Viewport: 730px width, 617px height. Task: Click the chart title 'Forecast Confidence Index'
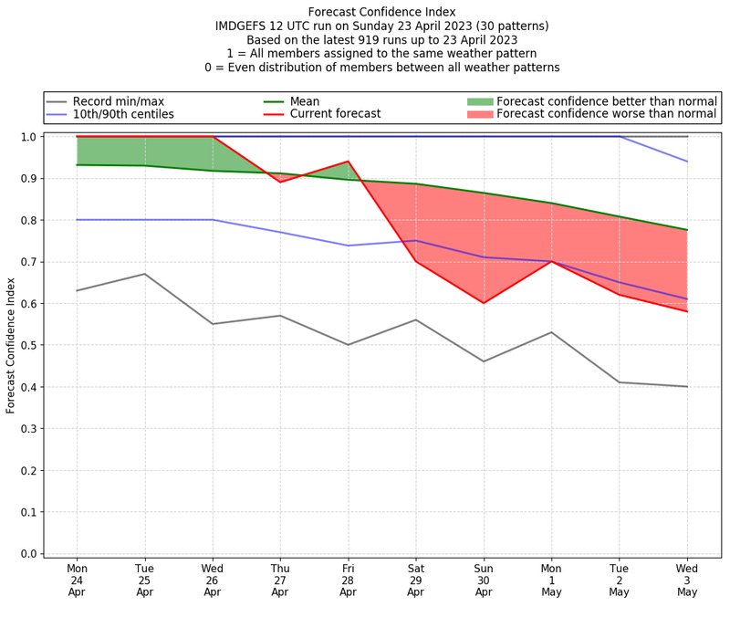click(x=382, y=12)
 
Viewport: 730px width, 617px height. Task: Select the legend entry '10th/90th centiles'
click(x=123, y=114)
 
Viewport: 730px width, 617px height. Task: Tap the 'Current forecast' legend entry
click(x=335, y=114)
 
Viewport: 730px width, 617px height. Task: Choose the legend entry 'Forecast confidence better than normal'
click(x=606, y=100)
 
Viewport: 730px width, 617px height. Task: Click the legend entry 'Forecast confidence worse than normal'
click(x=607, y=114)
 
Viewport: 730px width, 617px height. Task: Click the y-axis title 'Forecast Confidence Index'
click(x=12, y=344)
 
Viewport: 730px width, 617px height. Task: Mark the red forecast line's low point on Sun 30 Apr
click(x=484, y=303)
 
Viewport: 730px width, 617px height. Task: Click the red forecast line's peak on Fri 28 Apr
click(x=348, y=162)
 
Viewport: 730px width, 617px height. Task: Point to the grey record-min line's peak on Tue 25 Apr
click(x=144, y=274)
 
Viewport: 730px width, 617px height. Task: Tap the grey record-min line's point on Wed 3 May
click(x=687, y=386)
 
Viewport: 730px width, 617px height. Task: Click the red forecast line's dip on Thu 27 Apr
click(x=280, y=182)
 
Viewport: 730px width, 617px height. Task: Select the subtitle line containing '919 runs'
click(x=382, y=39)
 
